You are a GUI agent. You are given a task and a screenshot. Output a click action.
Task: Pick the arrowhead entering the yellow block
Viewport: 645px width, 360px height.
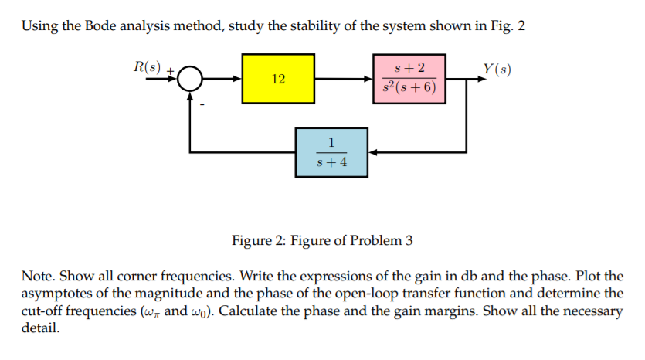(x=238, y=79)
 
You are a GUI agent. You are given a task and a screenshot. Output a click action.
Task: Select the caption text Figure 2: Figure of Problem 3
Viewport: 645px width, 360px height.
(x=322, y=240)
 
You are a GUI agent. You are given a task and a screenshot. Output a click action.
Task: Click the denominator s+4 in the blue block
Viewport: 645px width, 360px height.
(x=331, y=163)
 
